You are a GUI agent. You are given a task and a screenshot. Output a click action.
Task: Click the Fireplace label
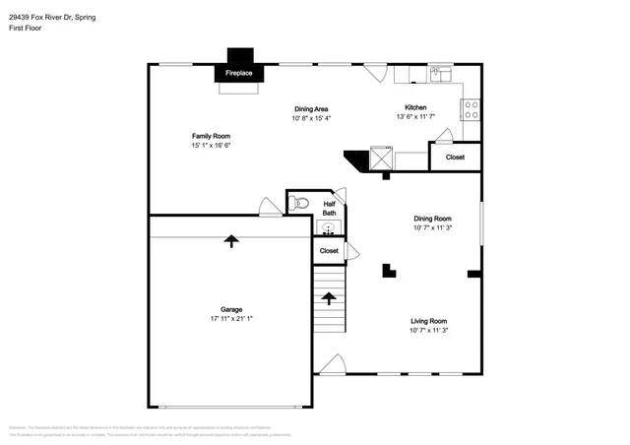click(237, 74)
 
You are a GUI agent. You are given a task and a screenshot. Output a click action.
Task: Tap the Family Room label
click(211, 136)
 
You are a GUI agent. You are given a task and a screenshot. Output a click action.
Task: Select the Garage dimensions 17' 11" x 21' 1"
click(231, 319)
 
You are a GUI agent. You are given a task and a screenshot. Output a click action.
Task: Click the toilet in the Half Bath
click(300, 204)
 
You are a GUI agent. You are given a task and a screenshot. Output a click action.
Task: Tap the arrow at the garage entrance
click(231, 240)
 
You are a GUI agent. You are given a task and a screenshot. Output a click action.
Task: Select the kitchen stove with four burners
click(472, 109)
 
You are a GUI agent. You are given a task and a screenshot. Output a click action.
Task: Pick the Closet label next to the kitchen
click(455, 158)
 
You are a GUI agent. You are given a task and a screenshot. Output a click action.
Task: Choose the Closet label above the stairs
click(329, 251)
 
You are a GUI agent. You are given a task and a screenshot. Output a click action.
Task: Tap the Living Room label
click(429, 321)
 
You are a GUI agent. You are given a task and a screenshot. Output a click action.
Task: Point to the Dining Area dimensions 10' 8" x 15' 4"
click(311, 118)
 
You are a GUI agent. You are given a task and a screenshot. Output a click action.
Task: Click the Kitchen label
click(415, 107)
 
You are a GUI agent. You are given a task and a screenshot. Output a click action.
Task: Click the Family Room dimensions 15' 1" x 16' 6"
click(211, 146)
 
